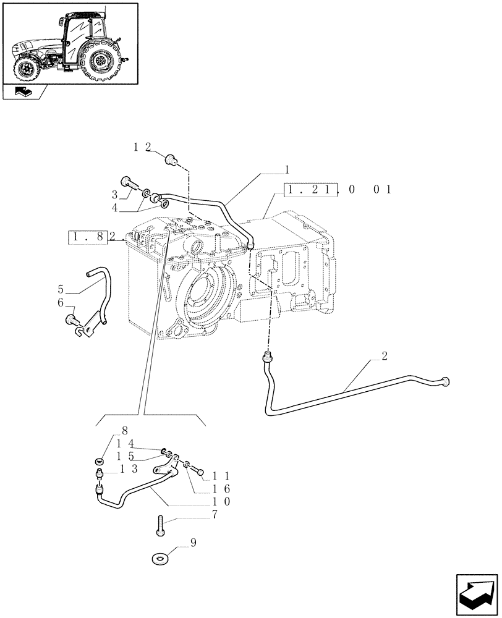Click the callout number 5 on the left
pos(61,289)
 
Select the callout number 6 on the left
pos(61,302)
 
